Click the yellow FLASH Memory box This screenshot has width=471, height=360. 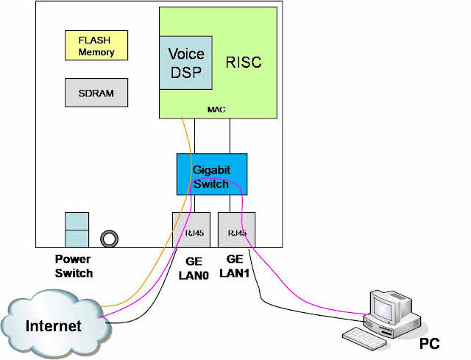click(96, 46)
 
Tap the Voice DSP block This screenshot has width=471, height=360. click(185, 63)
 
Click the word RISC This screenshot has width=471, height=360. click(242, 62)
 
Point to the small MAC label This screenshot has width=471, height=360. click(216, 110)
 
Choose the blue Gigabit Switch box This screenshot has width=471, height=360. click(212, 174)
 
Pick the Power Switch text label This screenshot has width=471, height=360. click(74, 266)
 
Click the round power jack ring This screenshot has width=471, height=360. click(111, 238)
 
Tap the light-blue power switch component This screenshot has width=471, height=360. click(77, 230)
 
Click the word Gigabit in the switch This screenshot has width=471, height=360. click(212, 169)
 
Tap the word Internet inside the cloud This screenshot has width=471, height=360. click(53, 325)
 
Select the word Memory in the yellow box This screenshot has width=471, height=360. click(96, 52)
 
